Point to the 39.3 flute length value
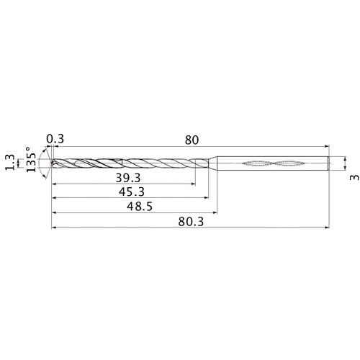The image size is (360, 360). [126, 176]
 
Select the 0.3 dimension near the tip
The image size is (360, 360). [54, 139]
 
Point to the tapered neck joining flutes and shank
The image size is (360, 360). [214, 163]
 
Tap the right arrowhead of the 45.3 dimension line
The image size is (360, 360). [207, 199]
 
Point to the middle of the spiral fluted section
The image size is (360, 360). [130, 163]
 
